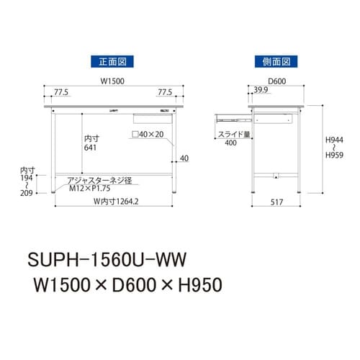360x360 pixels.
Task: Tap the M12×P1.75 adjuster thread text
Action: pyautogui.click(x=92, y=189)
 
